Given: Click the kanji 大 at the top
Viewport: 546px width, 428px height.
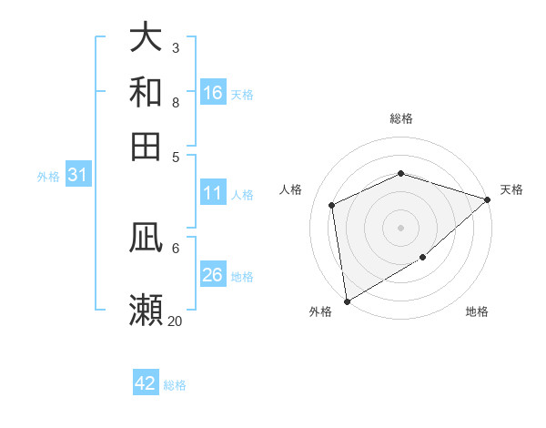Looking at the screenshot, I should [x=146, y=38].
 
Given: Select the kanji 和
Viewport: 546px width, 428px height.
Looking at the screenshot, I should [x=146, y=92].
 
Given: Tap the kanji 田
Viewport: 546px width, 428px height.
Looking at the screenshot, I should [x=146, y=146].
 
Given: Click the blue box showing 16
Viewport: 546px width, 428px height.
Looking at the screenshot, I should [x=213, y=93].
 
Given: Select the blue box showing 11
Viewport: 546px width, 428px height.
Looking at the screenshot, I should [x=213, y=193].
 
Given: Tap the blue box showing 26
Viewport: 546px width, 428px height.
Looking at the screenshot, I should [x=213, y=275].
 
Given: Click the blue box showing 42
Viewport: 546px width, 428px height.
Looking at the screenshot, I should [x=146, y=383].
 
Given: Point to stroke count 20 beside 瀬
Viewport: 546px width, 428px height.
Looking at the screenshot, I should [x=175, y=321].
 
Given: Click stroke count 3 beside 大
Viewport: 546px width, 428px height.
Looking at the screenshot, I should [x=175, y=47].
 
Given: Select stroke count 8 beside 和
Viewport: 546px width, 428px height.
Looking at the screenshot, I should [x=175, y=102].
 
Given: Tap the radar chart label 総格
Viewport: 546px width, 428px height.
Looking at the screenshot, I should [x=400, y=118].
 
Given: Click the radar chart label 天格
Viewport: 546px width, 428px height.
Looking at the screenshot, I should [x=511, y=189].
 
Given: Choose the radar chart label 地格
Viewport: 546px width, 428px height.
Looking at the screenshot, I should [x=477, y=311].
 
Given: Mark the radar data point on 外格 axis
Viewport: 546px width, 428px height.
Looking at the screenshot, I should [x=347, y=301].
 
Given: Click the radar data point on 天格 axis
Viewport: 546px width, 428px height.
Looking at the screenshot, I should [x=488, y=199].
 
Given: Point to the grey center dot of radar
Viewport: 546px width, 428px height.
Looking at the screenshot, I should [x=400, y=228].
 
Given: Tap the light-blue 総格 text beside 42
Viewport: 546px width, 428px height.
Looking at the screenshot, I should [x=175, y=385].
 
